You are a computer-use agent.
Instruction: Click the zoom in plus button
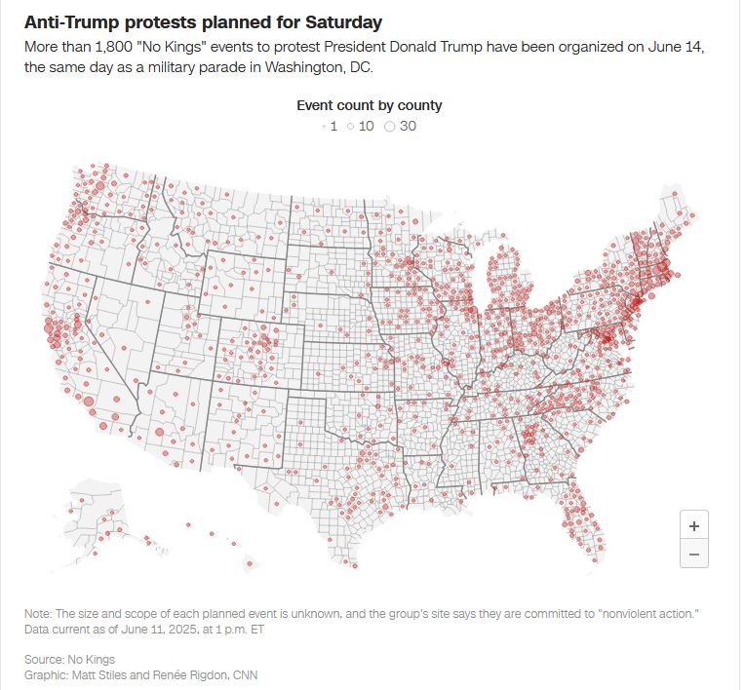pos(693,525)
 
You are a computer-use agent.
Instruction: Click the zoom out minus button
pos(693,554)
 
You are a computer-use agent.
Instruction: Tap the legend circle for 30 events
pos(390,126)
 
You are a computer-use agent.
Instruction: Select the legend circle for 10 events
pos(350,126)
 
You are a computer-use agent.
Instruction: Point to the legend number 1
pos(333,126)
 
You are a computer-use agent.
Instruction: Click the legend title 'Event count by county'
pos(370,105)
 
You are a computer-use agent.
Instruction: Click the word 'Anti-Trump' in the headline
pos(62,21)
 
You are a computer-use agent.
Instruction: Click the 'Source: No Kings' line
pos(69,660)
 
